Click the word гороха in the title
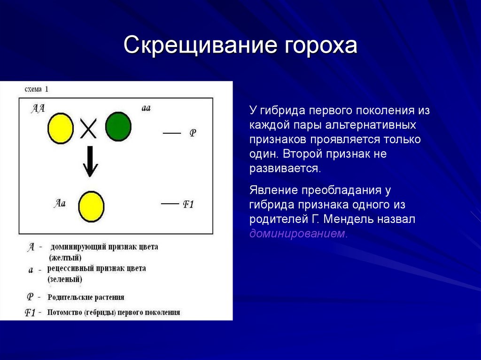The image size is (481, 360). tap(321, 46)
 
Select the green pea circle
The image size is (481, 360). tap(118, 127)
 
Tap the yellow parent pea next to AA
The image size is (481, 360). tap(60, 128)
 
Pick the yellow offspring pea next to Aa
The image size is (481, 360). tap(91, 206)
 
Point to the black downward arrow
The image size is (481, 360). tap(90, 161)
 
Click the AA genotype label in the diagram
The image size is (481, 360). tap(38, 108)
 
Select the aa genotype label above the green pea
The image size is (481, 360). tap(146, 108)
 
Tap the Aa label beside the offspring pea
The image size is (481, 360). tap(60, 203)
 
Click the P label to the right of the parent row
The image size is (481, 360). tap(193, 133)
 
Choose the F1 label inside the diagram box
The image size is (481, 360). tap(188, 204)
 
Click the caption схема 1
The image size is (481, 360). tap(36, 89)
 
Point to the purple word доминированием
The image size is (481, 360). tap(298, 234)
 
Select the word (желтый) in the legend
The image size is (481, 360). tap(65, 258)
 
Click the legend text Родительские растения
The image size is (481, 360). tap(86, 297)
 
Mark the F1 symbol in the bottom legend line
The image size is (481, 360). tap(31, 313)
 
